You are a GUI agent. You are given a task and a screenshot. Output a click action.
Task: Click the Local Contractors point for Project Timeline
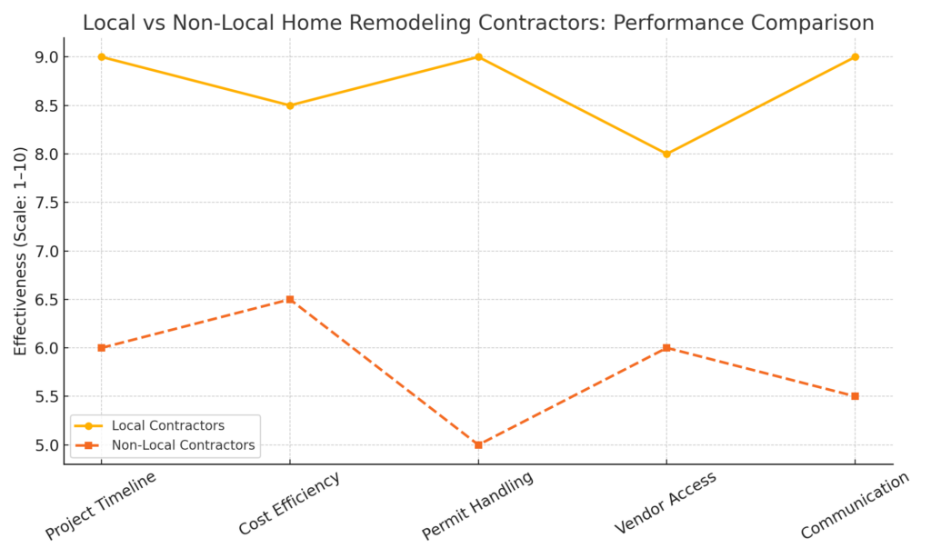[102, 57]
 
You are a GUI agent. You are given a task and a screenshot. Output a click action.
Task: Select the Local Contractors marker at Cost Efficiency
[290, 105]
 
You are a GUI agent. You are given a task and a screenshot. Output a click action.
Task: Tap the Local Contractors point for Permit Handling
[478, 57]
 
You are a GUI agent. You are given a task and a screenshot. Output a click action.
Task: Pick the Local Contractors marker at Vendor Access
[666, 154]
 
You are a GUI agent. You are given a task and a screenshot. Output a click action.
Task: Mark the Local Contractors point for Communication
[855, 57]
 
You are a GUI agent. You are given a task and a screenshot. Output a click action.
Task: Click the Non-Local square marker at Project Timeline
[102, 348]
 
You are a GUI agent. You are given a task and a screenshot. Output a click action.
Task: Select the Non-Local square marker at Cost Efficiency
[290, 299]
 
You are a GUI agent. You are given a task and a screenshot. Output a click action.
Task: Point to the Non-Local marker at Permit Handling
[478, 444]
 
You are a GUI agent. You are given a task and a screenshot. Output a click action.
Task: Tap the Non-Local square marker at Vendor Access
[666, 348]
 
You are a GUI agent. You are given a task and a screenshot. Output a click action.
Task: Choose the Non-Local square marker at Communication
[855, 396]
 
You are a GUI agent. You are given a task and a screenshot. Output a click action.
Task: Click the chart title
[478, 23]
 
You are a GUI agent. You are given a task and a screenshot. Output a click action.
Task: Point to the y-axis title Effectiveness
[21, 251]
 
